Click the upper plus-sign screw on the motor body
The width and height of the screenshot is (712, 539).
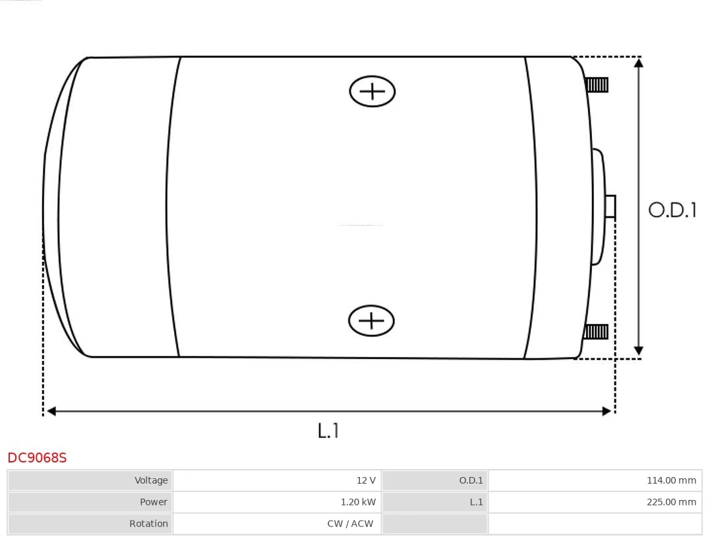point(372,91)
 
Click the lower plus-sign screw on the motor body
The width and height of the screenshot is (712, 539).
point(371,321)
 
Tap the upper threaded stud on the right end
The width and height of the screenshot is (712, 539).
point(597,85)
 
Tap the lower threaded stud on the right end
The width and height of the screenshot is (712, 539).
point(596,332)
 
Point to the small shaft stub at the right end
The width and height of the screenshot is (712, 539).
point(610,206)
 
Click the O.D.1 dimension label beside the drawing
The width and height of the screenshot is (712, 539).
point(672,210)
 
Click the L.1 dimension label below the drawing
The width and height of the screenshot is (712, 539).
point(328,430)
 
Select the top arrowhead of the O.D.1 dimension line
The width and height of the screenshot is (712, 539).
point(638,63)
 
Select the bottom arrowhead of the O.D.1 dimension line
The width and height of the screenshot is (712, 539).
point(638,350)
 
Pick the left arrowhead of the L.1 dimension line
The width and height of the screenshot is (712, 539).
point(51,411)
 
